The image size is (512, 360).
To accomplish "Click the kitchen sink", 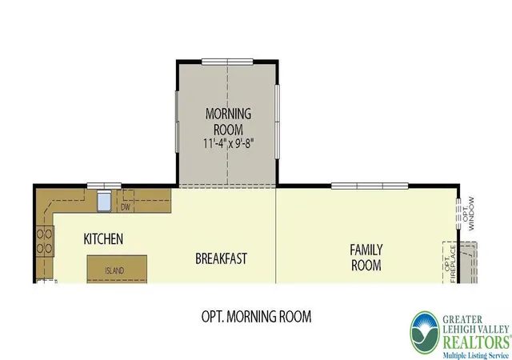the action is click(104, 202).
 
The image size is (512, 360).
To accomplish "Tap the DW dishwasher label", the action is click(126, 207).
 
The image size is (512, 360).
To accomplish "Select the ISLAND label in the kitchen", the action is click(114, 270).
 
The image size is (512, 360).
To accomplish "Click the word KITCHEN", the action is click(103, 239).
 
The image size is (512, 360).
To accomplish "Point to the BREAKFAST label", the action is click(221, 258).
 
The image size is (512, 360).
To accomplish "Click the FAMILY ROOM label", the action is click(366, 258).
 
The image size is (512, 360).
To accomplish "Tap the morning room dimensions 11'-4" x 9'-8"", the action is click(229, 143).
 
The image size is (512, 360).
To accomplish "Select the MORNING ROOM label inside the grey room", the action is click(228, 122).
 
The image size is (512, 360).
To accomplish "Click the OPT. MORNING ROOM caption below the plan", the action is click(256, 316).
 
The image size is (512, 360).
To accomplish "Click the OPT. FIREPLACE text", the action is click(450, 264).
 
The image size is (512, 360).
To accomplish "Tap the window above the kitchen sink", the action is click(104, 186).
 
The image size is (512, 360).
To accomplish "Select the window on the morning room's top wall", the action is click(227, 62).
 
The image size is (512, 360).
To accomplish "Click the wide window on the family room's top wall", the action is click(370, 186).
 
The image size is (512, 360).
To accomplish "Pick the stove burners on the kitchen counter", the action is click(45, 242).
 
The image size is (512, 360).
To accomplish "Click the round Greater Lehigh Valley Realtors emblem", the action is click(425, 333).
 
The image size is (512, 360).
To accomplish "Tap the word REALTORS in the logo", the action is click(477, 342).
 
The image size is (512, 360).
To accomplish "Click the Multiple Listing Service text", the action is click(475, 355).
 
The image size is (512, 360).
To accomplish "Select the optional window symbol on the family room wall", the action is click(458, 214).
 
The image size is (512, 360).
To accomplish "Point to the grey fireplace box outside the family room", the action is click(469, 262).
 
